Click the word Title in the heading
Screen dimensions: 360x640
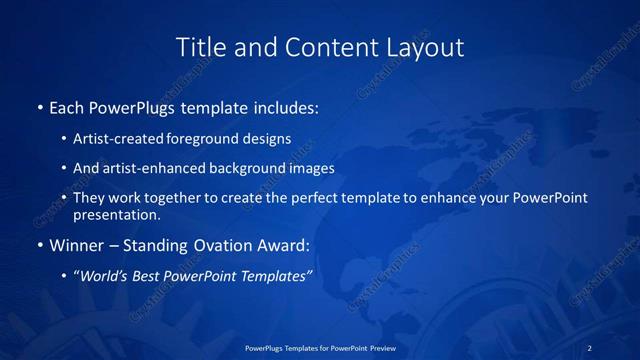pos(199,47)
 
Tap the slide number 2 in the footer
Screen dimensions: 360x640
pos(590,347)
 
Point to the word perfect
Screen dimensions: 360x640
pos(307,198)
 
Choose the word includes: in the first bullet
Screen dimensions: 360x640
pos(286,106)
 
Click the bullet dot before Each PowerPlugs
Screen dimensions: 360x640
pos(38,106)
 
